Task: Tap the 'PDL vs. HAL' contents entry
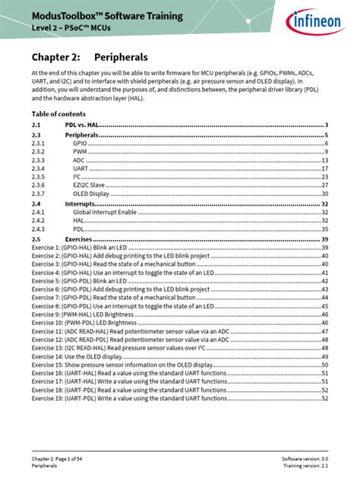pyautogui.click(x=82, y=125)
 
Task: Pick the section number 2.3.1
pyautogui.click(x=39, y=143)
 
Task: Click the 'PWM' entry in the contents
pyautogui.click(x=80, y=152)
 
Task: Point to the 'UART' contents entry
pyautogui.click(x=81, y=169)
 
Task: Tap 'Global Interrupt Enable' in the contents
pyautogui.click(x=108, y=213)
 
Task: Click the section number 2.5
pyautogui.click(x=36, y=238)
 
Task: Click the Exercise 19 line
pyautogui.click(x=129, y=398)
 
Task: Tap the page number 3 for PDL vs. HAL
pyautogui.click(x=326, y=125)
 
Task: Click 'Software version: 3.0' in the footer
pyautogui.click(x=305, y=459)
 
